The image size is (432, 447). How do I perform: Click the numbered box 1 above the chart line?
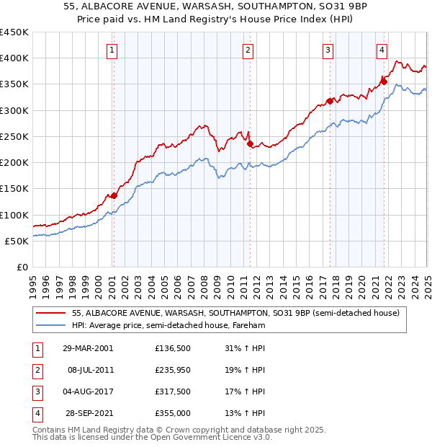tap(114, 50)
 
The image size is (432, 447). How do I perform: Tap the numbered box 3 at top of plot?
tap(328, 50)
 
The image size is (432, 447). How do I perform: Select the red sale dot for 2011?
tap(249, 143)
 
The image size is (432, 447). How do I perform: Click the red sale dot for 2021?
tap(384, 81)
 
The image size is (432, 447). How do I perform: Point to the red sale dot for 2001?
tap(114, 195)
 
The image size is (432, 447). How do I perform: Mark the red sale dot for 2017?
tap(330, 101)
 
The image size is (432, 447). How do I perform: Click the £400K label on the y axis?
tap(14, 58)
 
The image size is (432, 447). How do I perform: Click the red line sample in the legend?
tap(50, 313)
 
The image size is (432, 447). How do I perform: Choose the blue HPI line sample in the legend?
tap(50, 326)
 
